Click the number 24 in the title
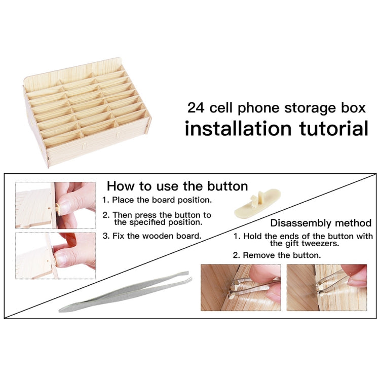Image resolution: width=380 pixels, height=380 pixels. coord(196,108)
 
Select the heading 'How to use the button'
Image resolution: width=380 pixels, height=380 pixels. coord(177,186)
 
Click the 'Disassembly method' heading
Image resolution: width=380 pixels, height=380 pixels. coord(321,223)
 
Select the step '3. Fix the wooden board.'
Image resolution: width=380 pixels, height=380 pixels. coord(152,236)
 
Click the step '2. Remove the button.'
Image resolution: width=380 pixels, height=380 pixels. coord(277,255)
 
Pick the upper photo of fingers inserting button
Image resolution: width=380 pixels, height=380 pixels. coord(55,205)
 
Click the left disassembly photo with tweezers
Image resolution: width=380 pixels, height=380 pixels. coord(241,287)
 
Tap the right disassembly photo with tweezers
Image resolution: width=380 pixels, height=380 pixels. coord(326,287)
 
